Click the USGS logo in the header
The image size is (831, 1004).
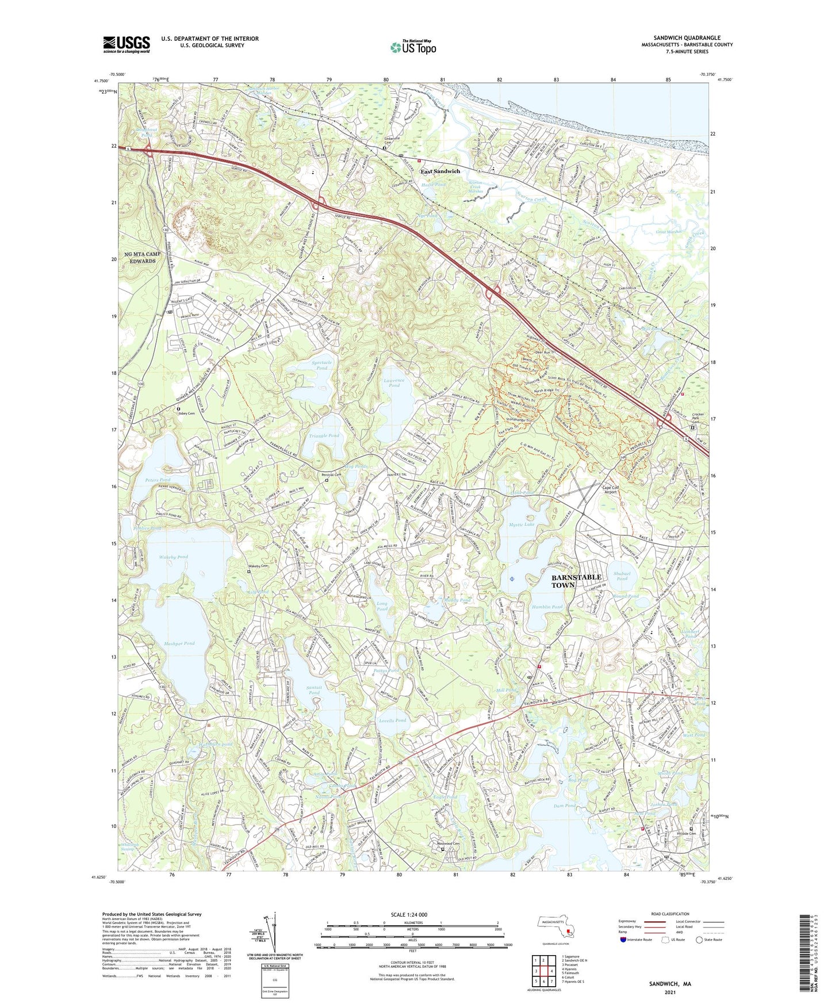tap(127, 44)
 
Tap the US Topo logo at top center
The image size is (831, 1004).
tap(413, 47)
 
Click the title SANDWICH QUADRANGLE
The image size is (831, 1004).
tap(687, 38)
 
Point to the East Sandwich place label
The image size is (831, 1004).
tap(440, 171)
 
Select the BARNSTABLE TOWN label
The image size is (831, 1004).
tap(576, 581)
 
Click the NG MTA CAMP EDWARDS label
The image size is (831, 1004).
tap(142, 257)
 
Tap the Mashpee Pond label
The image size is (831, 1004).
tap(179, 643)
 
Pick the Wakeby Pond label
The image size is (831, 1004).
tap(173, 557)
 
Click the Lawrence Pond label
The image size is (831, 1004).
tap(394, 382)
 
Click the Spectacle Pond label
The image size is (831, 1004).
tap(322, 365)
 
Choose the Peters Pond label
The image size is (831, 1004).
tap(158, 480)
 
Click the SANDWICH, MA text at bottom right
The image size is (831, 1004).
tap(670, 984)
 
